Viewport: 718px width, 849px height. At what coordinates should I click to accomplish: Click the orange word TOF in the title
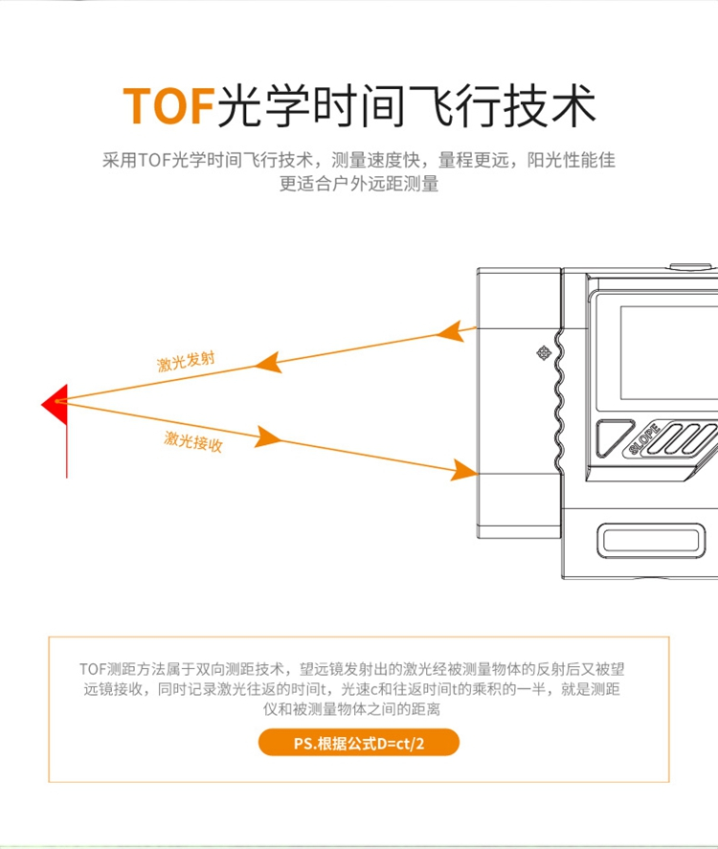point(168,105)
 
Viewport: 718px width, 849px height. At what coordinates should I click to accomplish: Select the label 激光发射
point(186,361)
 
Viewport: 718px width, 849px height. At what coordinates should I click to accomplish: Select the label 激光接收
point(193,441)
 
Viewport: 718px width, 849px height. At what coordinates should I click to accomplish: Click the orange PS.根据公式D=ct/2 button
point(358,743)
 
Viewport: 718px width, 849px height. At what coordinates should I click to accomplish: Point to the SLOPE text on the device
point(644,439)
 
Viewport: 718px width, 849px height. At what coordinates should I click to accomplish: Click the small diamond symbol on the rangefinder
point(544,353)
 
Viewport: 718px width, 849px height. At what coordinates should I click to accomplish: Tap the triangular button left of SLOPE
point(613,436)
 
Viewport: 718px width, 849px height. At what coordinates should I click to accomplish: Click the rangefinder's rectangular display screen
point(669,352)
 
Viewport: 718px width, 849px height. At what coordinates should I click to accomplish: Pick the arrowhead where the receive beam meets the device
point(464,471)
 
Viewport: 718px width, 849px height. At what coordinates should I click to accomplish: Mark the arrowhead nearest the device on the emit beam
point(451,331)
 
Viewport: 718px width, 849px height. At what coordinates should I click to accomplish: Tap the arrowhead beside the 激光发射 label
point(268,362)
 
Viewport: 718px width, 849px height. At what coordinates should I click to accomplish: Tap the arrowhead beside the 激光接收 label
point(268,437)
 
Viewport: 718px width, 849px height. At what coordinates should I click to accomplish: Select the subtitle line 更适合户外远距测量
point(359,184)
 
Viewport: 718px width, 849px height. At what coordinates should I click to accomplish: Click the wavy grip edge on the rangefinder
point(559,401)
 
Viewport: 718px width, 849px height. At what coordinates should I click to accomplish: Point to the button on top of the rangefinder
point(690,266)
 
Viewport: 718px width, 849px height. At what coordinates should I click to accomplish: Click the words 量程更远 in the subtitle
point(474,160)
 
